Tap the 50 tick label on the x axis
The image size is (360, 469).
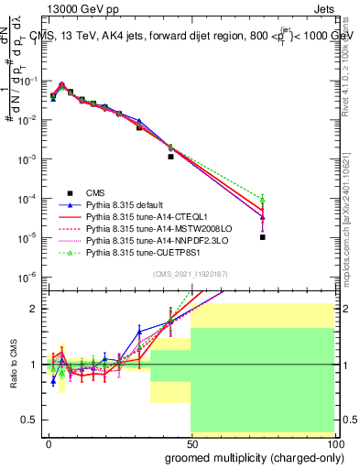point(191,443)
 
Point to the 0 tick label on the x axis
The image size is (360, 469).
point(49,443)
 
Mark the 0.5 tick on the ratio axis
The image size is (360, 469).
point(33,420)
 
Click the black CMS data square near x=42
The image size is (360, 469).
point(170,157)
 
